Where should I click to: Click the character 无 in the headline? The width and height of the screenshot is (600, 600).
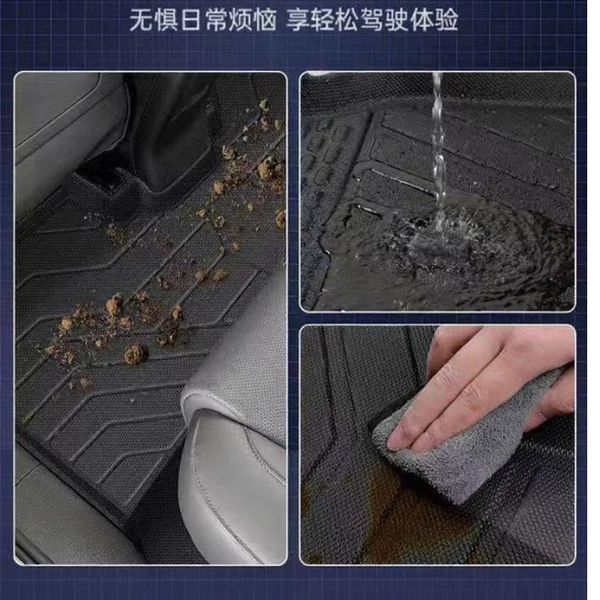point(141,19)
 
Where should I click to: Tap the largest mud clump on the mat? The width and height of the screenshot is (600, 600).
point(136,353)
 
